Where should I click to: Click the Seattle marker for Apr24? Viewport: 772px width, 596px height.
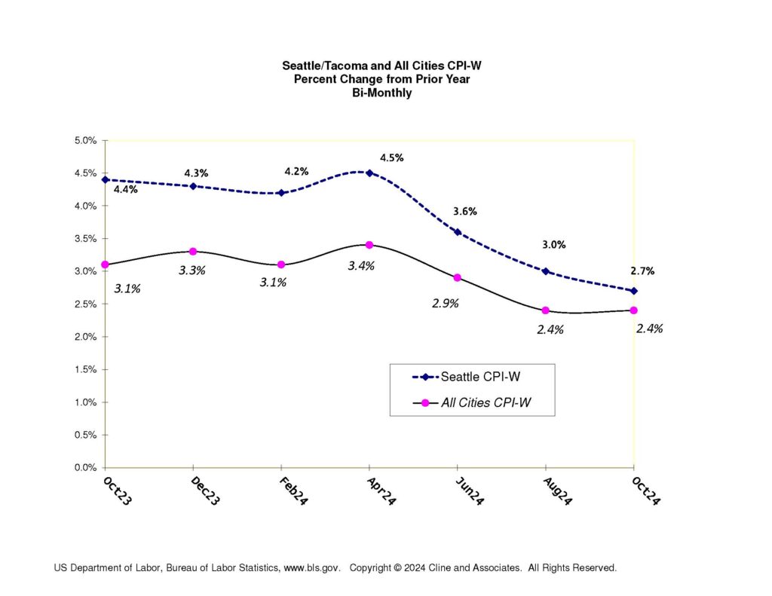click(x=369, y=173)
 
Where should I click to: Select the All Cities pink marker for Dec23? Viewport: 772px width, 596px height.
click(x=193, y=251)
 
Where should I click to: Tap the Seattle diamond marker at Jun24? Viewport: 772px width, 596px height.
click(x=458, y=232)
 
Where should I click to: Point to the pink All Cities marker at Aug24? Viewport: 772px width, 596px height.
click(x=545, y=310)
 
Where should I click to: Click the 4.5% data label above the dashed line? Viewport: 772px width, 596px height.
click(x=392, y=157)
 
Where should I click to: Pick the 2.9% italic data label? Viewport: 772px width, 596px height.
click(x=446, y=303)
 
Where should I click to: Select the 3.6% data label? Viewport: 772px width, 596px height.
click(x=465, y=211)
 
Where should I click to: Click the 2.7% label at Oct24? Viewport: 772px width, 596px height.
click(x=643, y=270)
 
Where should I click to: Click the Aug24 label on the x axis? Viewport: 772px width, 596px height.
click(x=556, y=491)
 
